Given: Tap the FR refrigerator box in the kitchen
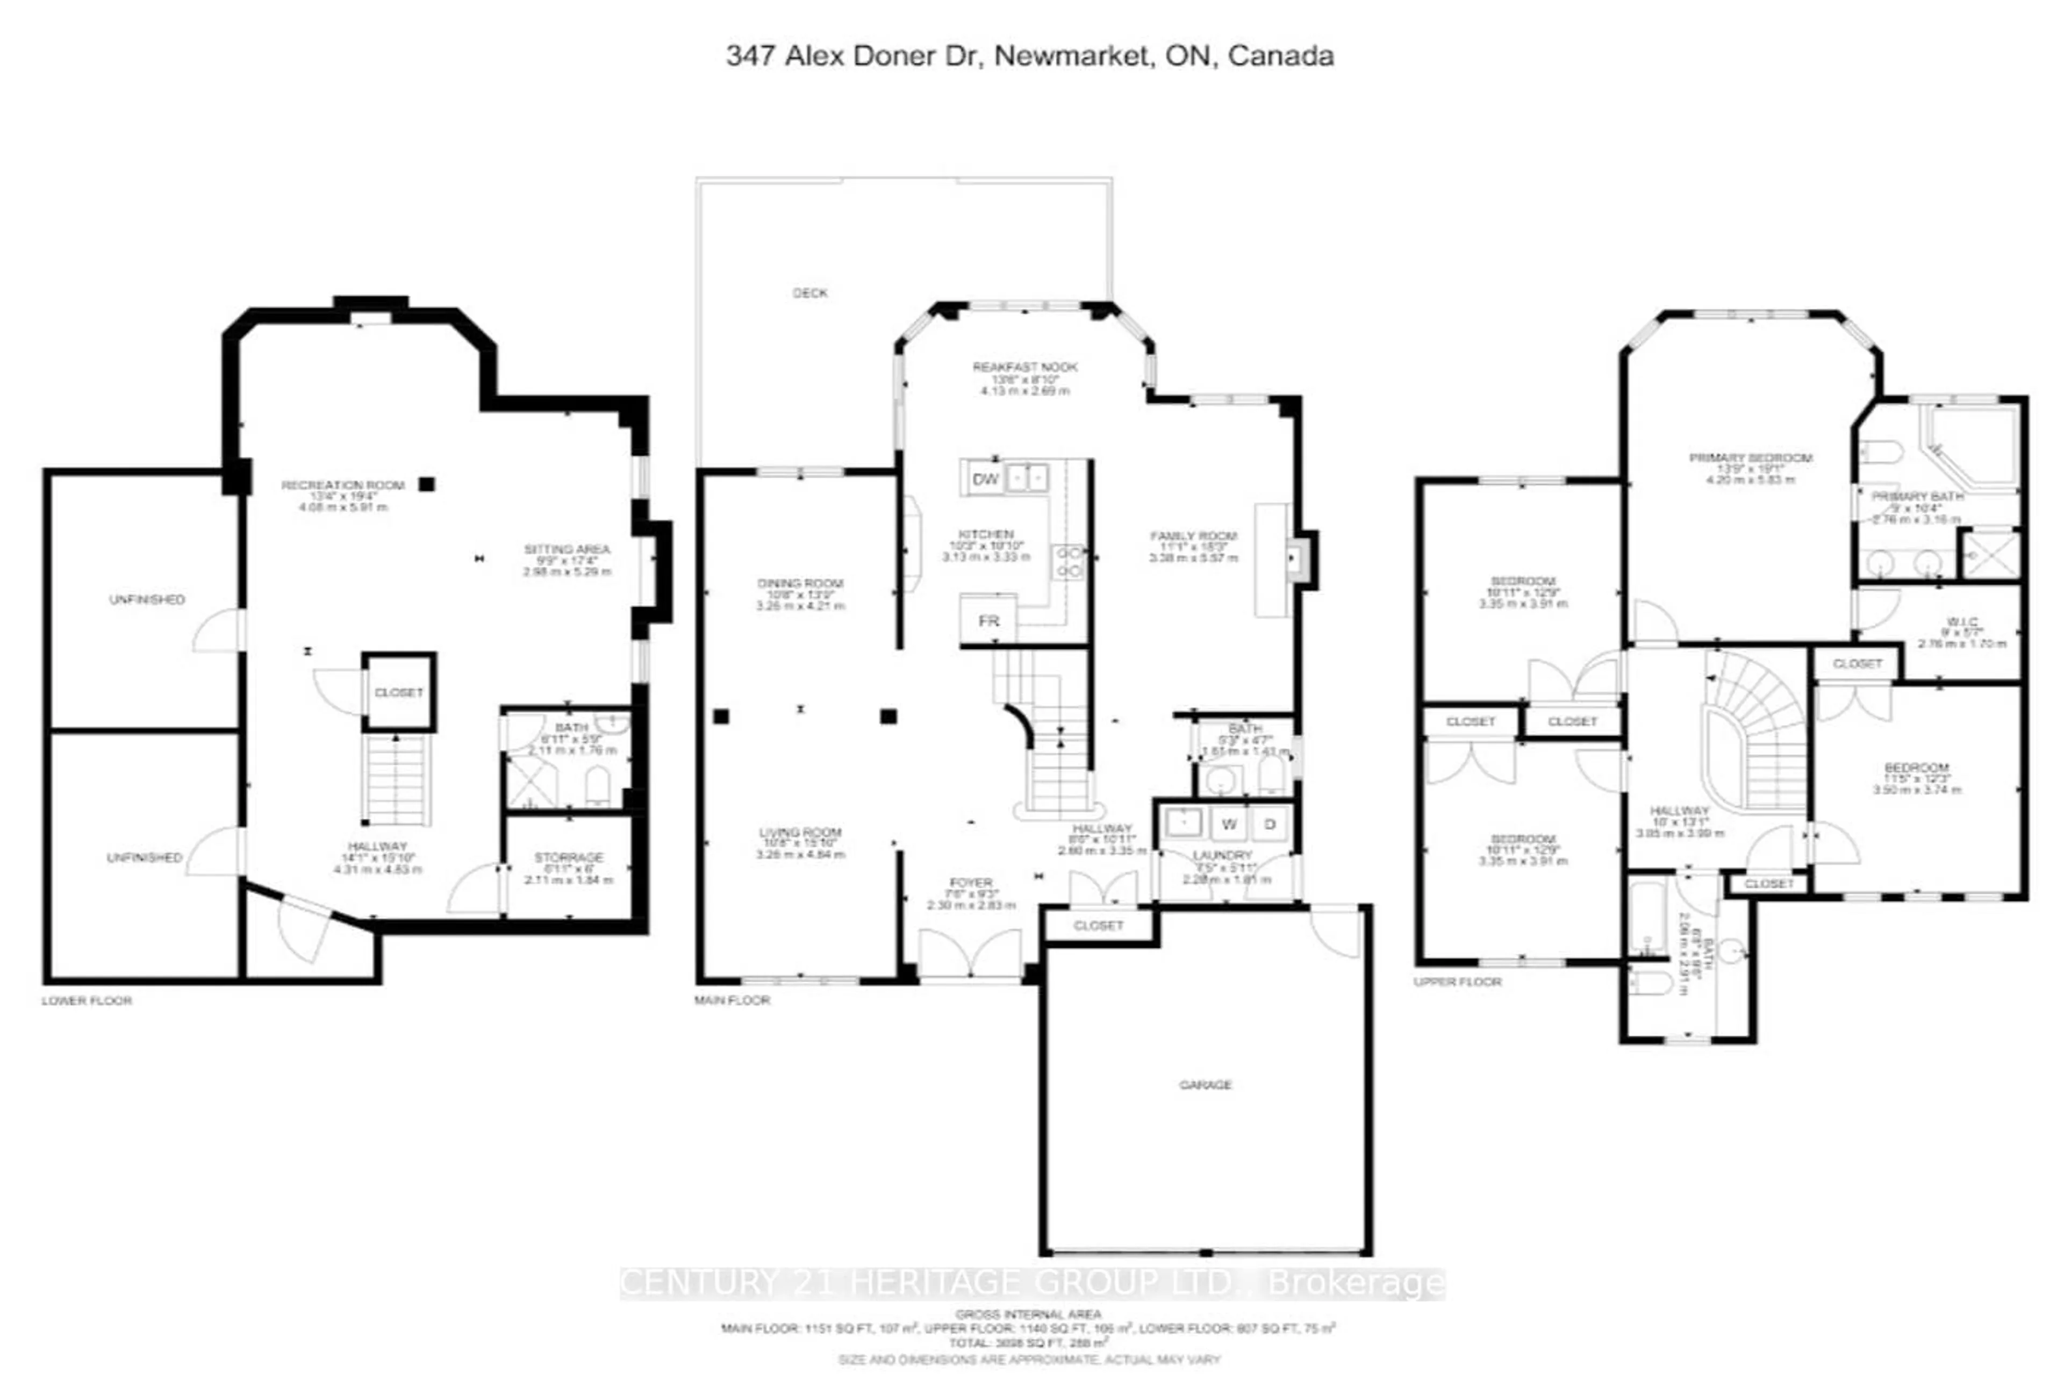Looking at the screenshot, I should pyautogui.click(x=988, y=620).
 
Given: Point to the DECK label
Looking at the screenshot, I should pyautogui.click(x=809, y=292).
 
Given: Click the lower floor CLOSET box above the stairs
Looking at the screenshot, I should pyautogui.click(x=399, y=692).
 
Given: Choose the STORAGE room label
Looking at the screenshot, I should pyautogui.click(x=569, y=857).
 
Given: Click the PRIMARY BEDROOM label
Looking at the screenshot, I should pyautogui.click(x=1751, y=457).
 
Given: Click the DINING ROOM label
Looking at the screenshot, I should pyautogui.click(x=800, y=583).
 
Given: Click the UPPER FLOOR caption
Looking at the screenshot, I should pyautogui.click(x=1457, y=982).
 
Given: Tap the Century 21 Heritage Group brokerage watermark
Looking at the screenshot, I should pyautogui.click(x=1032, y=1283).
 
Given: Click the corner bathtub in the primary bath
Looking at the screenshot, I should pyautogui.click(x=1971, y=447).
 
